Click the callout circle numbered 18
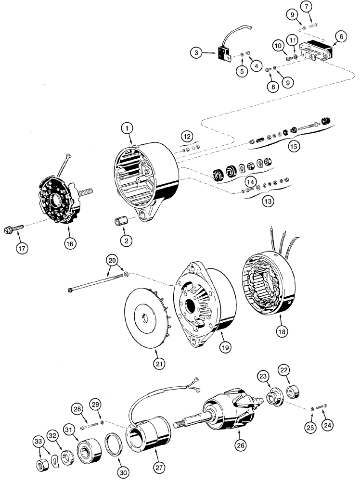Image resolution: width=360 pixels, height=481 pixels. (x=283, y=331)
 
